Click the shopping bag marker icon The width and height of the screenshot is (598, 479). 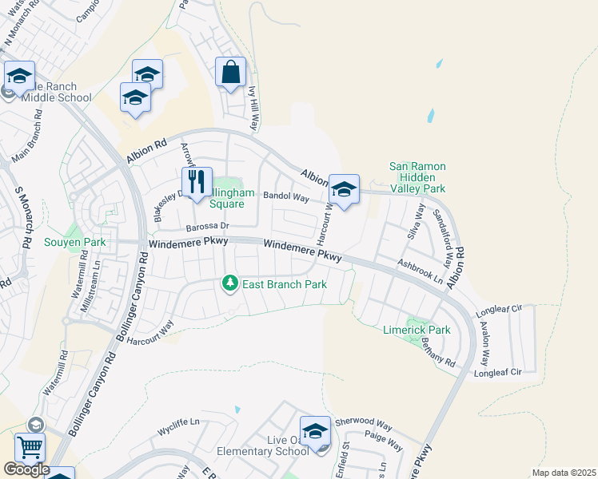pos(230,73)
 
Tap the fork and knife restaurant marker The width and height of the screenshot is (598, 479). pos(196,183)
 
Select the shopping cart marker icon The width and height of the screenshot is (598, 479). pos(30,448)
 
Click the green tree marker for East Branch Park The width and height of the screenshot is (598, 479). pos(230,283)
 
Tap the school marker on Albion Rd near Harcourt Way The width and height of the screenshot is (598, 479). pos(344,190)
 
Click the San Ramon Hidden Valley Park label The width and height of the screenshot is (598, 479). pos(417,177)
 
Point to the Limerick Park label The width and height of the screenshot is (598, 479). pos(417,330)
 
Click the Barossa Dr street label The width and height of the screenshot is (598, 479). pos(207,227)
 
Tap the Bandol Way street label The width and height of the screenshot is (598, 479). pos(286,196)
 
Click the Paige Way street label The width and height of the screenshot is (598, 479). pos(383,438)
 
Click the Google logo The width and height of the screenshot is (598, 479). pos(26,469)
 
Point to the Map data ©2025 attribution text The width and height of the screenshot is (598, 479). pos(563,473)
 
